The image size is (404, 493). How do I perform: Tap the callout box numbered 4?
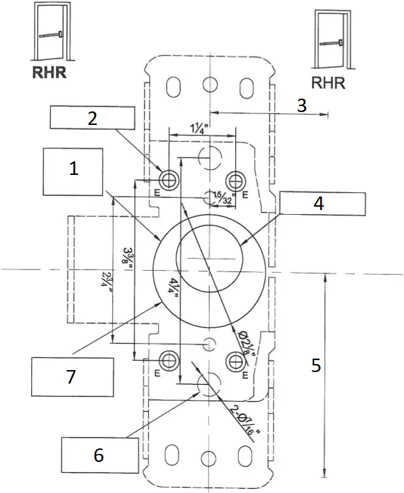tap(322, 204)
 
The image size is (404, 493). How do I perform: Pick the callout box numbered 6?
tap(99, 456)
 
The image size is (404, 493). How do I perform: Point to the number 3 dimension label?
tap(302, 105)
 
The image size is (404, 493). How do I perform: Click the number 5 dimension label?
tap(315, 365)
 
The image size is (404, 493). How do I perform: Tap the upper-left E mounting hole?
tap(168, 180)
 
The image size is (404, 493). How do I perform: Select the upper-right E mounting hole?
tap(236, 180)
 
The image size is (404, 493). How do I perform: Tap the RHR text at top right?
tap(329, 83)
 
